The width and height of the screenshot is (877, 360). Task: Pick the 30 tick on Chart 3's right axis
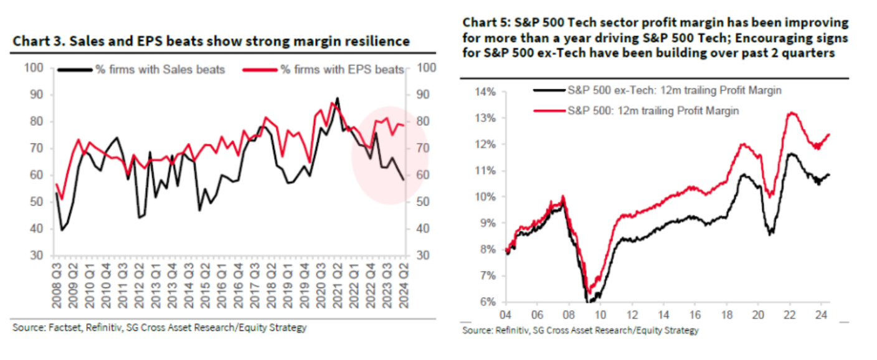(422, 255)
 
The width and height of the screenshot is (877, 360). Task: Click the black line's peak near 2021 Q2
(337, 98)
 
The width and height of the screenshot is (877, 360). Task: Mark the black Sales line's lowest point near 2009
(61, 230)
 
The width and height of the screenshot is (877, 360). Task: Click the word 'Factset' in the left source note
(58, 327)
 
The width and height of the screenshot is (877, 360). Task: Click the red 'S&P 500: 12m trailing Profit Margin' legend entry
(653, 111)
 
